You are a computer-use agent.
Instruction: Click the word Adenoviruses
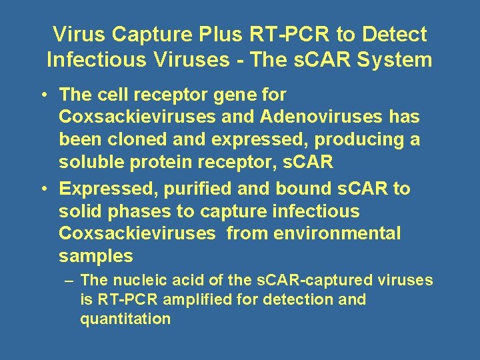[322, 117]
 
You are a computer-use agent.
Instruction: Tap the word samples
[96, 257]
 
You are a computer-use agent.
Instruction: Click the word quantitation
[125, 319]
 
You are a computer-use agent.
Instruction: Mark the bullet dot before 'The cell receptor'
[42, 95]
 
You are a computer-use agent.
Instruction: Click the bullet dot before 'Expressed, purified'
[42, 189]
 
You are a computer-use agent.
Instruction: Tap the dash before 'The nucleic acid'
[69, 281]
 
